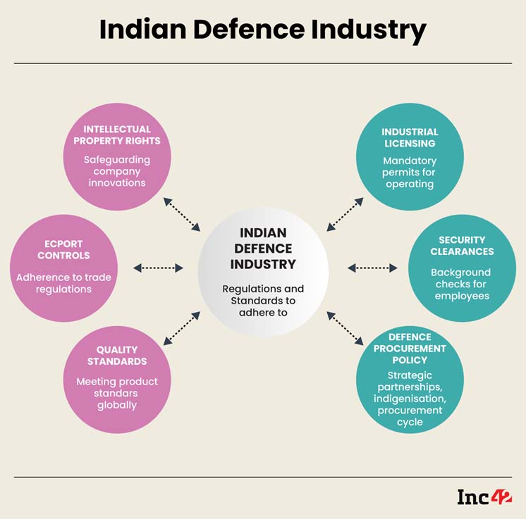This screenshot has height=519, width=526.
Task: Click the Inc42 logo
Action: click(x=484, y=497)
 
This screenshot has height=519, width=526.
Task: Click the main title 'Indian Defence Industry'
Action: click(x=263, y=30)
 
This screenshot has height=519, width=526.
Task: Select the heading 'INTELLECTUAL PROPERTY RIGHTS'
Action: click(x=117, y=135)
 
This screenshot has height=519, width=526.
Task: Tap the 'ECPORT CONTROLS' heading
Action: click(x=63, y=249)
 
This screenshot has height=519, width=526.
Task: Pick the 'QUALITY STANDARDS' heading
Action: click(x=117, y=356)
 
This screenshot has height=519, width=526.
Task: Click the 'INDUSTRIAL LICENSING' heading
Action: click(x=410, y=138)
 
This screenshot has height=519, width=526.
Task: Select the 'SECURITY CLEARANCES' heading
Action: click(x=462, y=246)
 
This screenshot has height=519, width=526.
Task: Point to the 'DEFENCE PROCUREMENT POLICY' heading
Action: click(x=410, y=349)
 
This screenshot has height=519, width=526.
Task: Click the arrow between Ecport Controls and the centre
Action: click(x=158, y=268)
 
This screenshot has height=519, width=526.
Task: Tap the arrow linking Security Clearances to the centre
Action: click(x=372, y=268)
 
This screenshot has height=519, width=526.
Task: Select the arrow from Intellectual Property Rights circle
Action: click(x=182, y=215)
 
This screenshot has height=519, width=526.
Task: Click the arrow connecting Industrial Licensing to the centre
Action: click(x=345, y=215)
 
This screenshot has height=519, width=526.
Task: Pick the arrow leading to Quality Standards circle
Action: click(x=182, y=328)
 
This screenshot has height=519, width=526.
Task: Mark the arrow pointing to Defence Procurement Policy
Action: click(x=345, y=328)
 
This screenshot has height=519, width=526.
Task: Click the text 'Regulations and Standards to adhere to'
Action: click(x=263, y=301)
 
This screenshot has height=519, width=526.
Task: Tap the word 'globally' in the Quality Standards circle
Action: click(x=117, y=405)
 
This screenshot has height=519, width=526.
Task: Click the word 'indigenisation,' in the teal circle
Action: click(x=410, y=399)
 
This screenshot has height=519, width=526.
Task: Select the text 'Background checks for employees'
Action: click(x=462, y=284)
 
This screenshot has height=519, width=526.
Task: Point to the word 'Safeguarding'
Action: click(x=117, y=160)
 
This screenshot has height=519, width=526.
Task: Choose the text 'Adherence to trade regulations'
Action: click(x=63, y=283)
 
